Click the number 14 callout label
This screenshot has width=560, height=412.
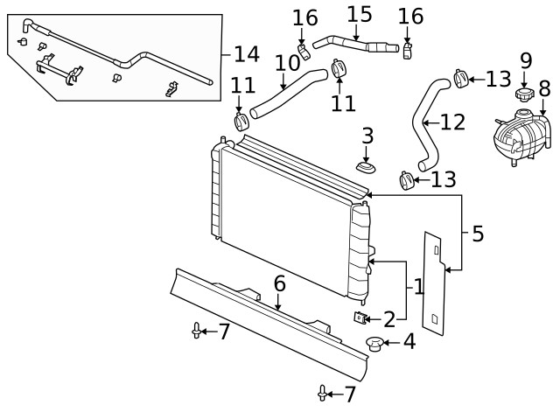pos(246,54)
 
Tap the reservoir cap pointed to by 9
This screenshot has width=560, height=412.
pos(524,94)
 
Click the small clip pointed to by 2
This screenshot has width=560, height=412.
pos(359,317)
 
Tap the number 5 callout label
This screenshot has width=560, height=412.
pos(477,234)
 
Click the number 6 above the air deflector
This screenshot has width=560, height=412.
pos(279,283)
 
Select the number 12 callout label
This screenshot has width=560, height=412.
pos(451,122)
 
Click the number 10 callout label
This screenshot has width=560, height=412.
pos(287,63)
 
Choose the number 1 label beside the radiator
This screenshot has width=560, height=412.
pos(417,286)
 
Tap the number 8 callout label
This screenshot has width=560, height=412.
pos(544,88)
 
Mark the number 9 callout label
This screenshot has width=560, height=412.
pos(525,60)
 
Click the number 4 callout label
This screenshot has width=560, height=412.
pos(408,344)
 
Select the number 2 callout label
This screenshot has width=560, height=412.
pos(389,318)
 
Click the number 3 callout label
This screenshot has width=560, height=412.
pos(367,136)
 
